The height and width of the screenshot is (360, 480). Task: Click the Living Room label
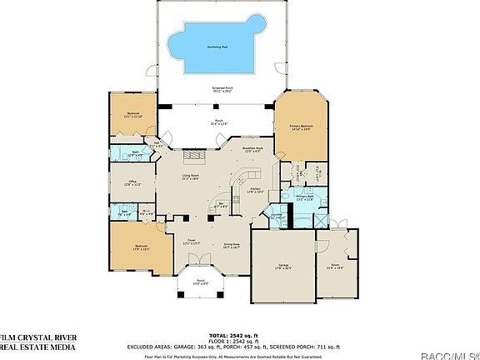(190, 177)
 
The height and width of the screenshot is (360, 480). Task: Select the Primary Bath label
(303, 197)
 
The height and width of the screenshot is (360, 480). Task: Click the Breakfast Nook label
(252, 150)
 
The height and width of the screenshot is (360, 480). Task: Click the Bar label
(222, 204)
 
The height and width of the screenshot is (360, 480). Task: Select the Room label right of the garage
(335, 267)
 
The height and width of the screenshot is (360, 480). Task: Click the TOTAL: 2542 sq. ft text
(227, 333)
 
